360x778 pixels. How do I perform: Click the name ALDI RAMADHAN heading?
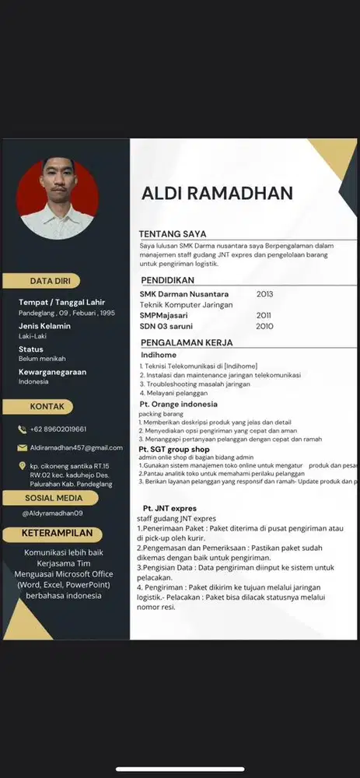click(217, 193)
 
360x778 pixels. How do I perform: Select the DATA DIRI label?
click(51, 281)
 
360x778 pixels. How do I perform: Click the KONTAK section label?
click(47, 406)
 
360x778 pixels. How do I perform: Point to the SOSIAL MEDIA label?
click(54, 498)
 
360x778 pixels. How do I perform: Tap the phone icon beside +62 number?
click(22, 429)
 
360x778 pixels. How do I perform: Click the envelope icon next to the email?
click(22, 448)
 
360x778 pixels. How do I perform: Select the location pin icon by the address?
click(22, 466)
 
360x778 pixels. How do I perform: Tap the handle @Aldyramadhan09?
click(52, 513)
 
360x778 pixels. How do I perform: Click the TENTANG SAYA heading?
click(173, 233)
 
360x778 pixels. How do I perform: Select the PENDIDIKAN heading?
click(167, 280)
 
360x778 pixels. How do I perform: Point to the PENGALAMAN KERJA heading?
click(187, 342)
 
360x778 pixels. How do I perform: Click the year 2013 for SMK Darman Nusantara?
click(265, 294)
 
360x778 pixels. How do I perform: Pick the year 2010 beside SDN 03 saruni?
click(264, 327)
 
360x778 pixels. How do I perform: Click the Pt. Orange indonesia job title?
click(178, 405)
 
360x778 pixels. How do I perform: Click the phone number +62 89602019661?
click(58, 429)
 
